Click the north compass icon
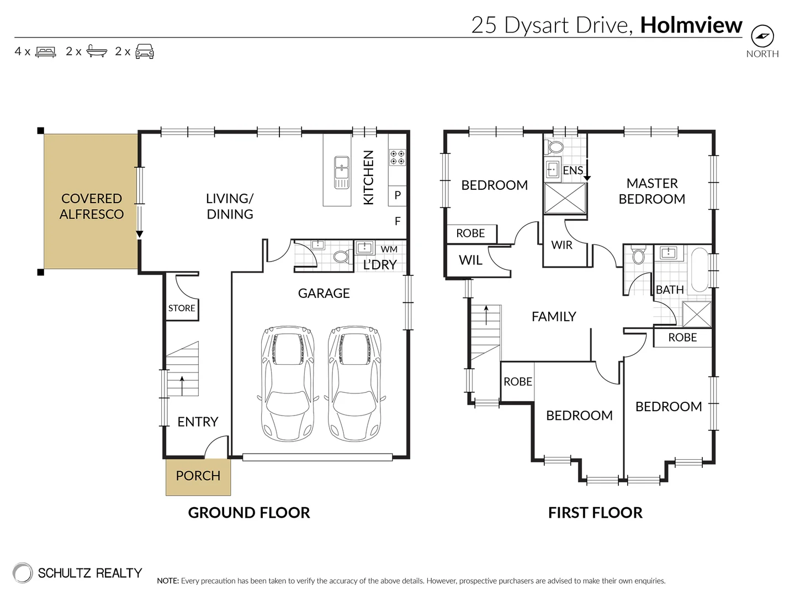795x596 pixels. click(762, 36)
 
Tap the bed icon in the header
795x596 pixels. click(46, 52)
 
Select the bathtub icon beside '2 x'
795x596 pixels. click(97, 51)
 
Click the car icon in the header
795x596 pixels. click(145, 51)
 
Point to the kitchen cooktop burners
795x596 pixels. click(397, 157)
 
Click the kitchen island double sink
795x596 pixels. click(342, 172)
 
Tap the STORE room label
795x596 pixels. click(182, 308)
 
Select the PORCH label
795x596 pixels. click(198, 476)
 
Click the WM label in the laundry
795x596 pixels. click(389, 249)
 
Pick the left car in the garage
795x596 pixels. click(288, 383)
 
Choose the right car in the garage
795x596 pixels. click(355, 383)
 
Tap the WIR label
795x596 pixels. click(562, 245)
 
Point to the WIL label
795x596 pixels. click(470, 260)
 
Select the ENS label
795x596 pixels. click(573, 170)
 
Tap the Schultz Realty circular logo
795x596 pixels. click(23, 573)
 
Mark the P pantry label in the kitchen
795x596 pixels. click(397, 195)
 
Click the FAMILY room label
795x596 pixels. click(554, 317)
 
